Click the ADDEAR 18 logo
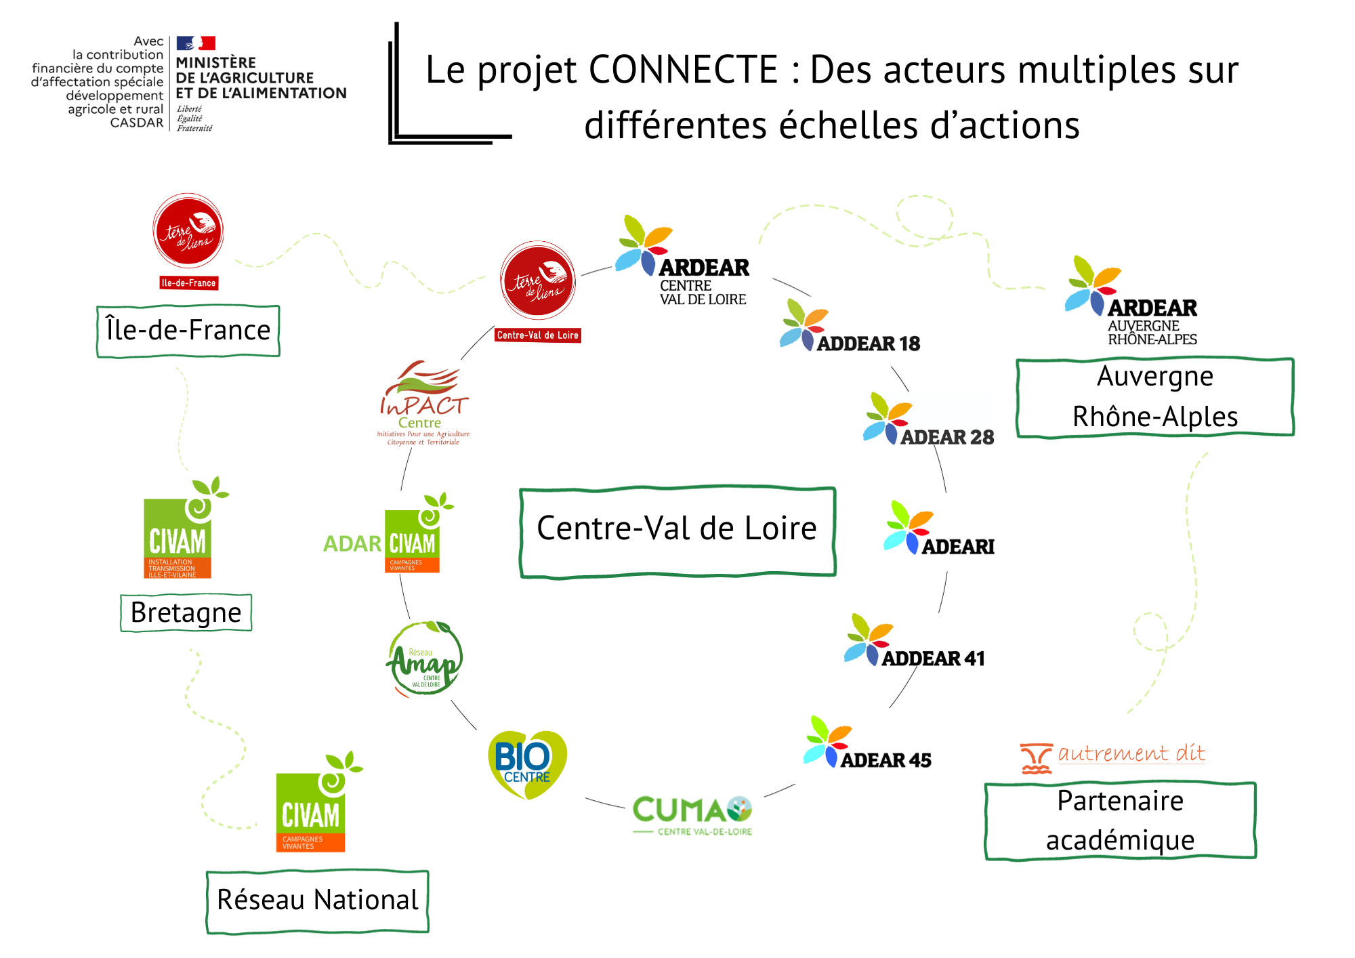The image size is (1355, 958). tap(850, 327)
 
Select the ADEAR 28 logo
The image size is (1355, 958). tap(928, 420)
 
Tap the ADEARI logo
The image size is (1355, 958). tap(938, 529)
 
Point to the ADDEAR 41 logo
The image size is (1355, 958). tap(914, 642)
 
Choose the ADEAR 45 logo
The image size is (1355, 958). tap(867, 743)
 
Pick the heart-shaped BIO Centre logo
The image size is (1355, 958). tap(527, 764)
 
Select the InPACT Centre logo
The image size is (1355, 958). tap(423, 404)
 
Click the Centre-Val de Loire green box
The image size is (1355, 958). tap(677, 531)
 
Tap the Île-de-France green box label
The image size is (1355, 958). tap(188, 331)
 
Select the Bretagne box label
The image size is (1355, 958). tap(186, 612)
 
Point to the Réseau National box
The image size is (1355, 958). tap(318, 900)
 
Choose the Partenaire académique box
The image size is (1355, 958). tap(1120, 820)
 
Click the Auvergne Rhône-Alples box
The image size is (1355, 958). tap(1155, 397)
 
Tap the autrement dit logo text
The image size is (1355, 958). tap(1131, 753)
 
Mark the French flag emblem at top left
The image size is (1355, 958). tap(196, 43)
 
